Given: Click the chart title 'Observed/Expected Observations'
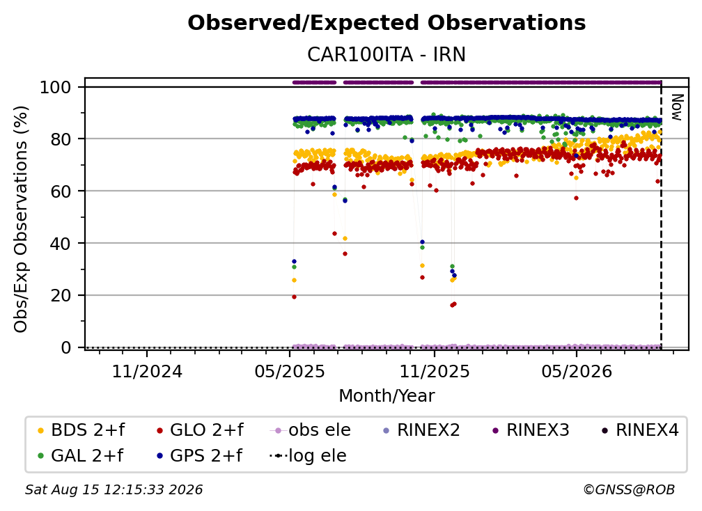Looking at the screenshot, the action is click(387, 23).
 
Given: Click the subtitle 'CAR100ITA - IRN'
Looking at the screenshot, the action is click(387, 54).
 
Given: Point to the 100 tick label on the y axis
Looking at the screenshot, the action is click(55, 87).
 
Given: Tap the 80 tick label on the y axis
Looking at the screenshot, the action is click(61, 139).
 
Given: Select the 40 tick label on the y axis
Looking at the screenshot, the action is click(61, 244).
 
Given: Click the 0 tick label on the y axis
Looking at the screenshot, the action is click(65, 347).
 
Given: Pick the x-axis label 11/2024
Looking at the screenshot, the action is click(147, 371).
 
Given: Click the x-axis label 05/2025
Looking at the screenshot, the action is click(290, 371).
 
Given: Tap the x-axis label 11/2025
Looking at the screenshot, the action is click(434, 371).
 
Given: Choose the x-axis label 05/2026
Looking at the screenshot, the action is click(576, 371).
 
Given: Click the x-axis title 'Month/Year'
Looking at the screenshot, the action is click(387, 395).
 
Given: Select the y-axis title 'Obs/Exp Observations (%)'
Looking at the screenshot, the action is click(21, 219).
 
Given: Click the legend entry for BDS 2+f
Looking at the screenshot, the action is click(81, 430).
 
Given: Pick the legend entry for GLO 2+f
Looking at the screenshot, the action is click(200, 430).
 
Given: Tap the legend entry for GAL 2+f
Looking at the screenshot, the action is click(81, 455).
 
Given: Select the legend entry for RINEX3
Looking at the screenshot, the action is click(531, 430).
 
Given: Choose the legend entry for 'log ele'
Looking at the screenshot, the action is click(308, 455).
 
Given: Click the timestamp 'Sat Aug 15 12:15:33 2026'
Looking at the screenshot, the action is click(114, 489).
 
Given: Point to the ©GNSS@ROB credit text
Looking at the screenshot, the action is click(629, 489).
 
